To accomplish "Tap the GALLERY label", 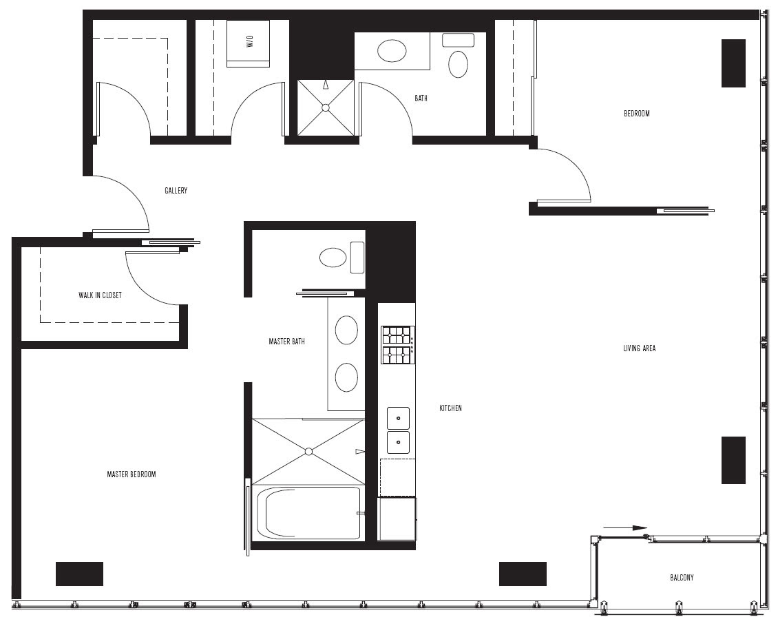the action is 176,191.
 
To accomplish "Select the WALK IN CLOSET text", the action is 101,295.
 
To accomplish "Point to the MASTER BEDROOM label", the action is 132,474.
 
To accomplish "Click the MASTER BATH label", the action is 287,342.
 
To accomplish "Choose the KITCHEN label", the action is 450,408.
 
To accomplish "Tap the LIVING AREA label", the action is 640,348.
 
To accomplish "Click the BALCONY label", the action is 682,578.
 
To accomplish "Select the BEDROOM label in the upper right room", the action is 637,114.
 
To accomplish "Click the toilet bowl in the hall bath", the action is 458,64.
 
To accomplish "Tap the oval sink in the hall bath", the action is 392,51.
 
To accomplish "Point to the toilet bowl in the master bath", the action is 333,258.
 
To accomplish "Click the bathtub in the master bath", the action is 308,513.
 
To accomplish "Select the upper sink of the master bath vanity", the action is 346,330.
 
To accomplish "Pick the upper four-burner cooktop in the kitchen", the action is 397,335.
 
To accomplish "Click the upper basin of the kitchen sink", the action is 399,419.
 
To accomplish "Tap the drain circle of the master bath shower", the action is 308,452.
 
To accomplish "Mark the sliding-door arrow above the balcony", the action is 626,528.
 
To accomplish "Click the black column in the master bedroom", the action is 79,574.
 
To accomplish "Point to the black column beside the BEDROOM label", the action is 733,63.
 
